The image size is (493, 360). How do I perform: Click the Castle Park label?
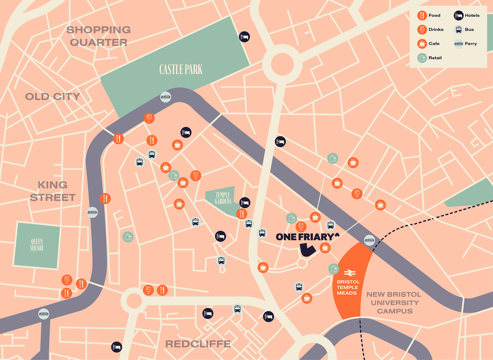click(x=181, y=69)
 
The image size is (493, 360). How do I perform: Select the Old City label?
click(x=52, y=96)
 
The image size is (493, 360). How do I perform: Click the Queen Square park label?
click(x=37, y=245)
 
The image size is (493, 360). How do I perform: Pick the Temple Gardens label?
click(x=223, y=198)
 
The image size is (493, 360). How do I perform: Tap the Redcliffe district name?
click(x=198, y=344)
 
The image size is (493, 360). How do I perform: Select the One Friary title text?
click(x=308, y=237)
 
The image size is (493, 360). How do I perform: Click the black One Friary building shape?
click(x=307, y=250)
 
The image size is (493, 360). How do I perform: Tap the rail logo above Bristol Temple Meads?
click(x=348, y=273)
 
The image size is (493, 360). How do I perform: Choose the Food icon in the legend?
click(x=422, y=16)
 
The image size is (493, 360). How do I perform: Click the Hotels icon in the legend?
click(x=458, y=16)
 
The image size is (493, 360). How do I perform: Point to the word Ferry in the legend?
click(x=471, y=44)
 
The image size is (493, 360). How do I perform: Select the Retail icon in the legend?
click(x=422, y=58)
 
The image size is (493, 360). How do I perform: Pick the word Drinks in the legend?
click(x=436, y=30)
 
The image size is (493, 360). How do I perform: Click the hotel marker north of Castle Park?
click(x=245, y=37)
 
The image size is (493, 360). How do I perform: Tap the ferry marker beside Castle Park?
click(x=166, y=97)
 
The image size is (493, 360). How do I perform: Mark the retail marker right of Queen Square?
click(x=128, y=237)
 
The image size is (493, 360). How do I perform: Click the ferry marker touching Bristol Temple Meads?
click(x=369, y=240)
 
